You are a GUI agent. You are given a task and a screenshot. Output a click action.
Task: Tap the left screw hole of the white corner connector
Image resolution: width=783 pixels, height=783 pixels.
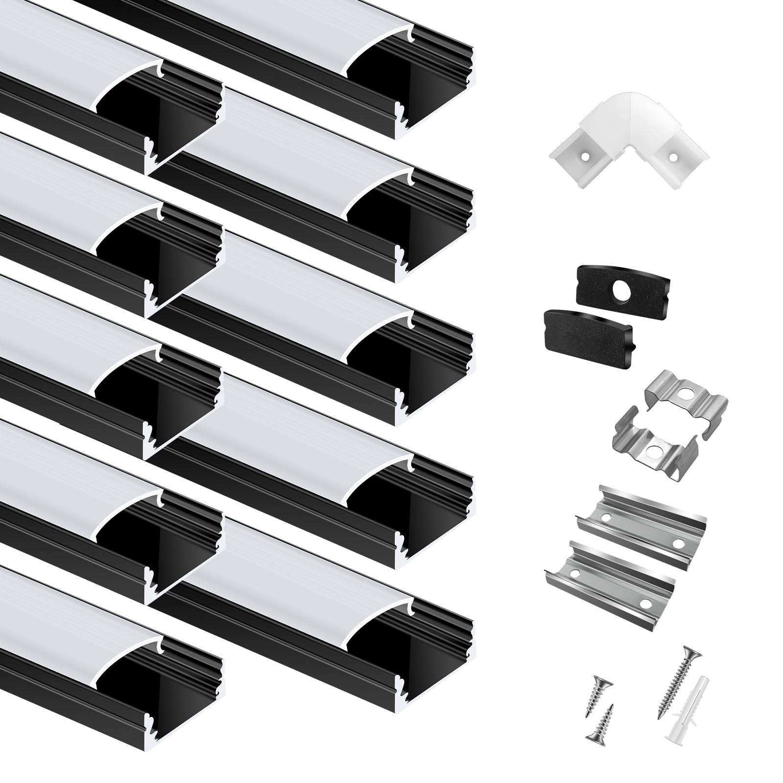coord(585,157)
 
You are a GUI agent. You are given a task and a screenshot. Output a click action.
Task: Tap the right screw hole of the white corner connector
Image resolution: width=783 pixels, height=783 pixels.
coord(674,158)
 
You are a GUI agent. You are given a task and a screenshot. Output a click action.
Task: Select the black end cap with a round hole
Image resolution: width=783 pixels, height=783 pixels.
coord(622,284)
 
